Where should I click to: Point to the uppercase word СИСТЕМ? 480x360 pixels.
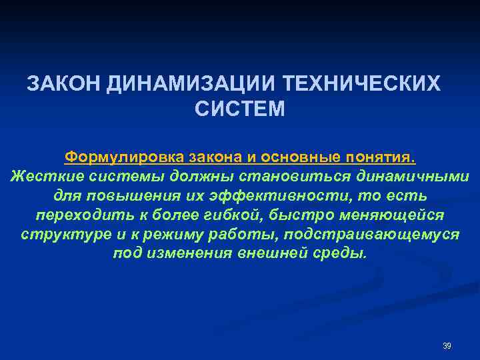point(240,109)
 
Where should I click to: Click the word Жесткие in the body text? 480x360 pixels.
point(41,177)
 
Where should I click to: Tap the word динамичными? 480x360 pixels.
point(413,177)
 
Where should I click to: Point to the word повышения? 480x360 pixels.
point(136,197)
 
